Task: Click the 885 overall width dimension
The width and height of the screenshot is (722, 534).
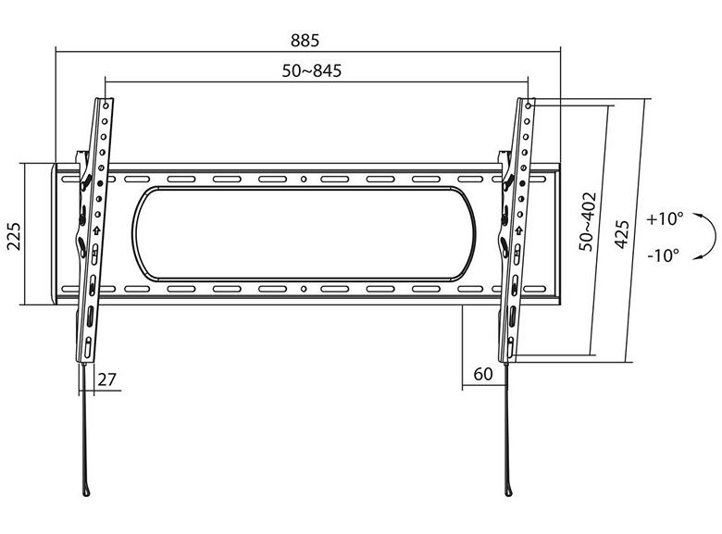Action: [x=305, y=41]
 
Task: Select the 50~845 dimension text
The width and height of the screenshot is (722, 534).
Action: [x=312, y=71]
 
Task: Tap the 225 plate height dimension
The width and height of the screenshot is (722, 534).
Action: [x=14, y=236]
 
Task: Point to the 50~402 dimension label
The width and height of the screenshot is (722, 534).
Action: [x=587, y=221]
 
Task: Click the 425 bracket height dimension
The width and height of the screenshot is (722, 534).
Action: [x=622, y=235]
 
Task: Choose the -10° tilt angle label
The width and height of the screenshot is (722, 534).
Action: [x=663, y=255]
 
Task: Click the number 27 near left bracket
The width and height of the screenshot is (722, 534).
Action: [x=106, y=379]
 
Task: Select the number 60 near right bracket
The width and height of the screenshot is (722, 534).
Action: [x=483, y=374]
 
